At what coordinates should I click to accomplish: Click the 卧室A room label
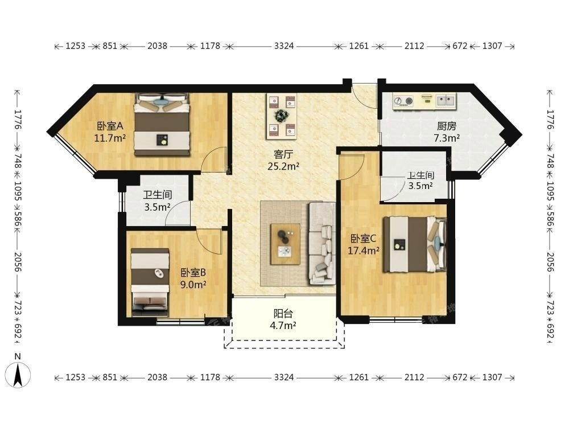click(110, 126)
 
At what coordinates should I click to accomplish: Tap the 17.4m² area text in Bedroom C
click(364, 251)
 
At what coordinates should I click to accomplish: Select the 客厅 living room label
click(283, 154)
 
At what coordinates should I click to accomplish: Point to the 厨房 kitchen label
click(447, 126)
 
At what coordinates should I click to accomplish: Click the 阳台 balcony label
click(283, 313)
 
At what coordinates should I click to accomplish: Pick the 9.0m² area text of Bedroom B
click(193, 284)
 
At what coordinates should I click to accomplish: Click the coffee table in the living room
click(285, 244)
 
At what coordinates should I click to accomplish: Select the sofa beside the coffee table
click(322, 243)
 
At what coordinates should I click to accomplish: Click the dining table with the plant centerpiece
click(281, 116)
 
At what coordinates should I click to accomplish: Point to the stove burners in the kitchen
click(404, 101)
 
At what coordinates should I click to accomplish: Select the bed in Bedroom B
click(150, 282)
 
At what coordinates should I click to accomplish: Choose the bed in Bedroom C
click(414, 244)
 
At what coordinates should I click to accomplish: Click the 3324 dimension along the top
click(284, 46)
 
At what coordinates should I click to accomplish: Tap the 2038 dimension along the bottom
click(157, 377)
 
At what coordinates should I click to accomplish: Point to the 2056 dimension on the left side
click(18, 262)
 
